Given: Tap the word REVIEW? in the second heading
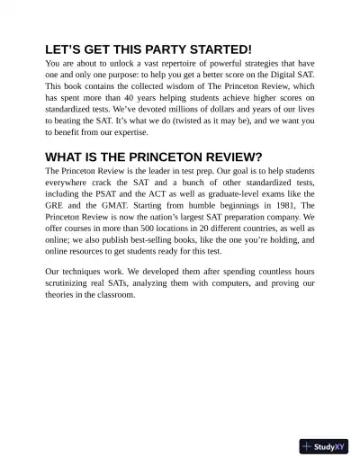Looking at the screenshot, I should (x=222, y=156).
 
